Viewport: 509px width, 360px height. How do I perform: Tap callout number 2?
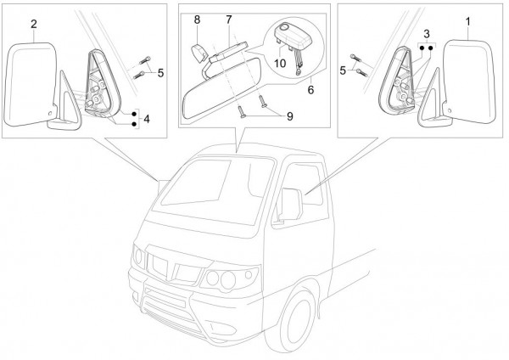pos(34,25)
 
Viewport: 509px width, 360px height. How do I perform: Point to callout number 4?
pos(148,120)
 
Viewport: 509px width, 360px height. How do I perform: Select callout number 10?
pos(280,62)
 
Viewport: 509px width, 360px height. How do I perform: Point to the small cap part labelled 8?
pos(199,51)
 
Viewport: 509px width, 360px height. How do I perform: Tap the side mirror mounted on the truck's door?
pos(288,205)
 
